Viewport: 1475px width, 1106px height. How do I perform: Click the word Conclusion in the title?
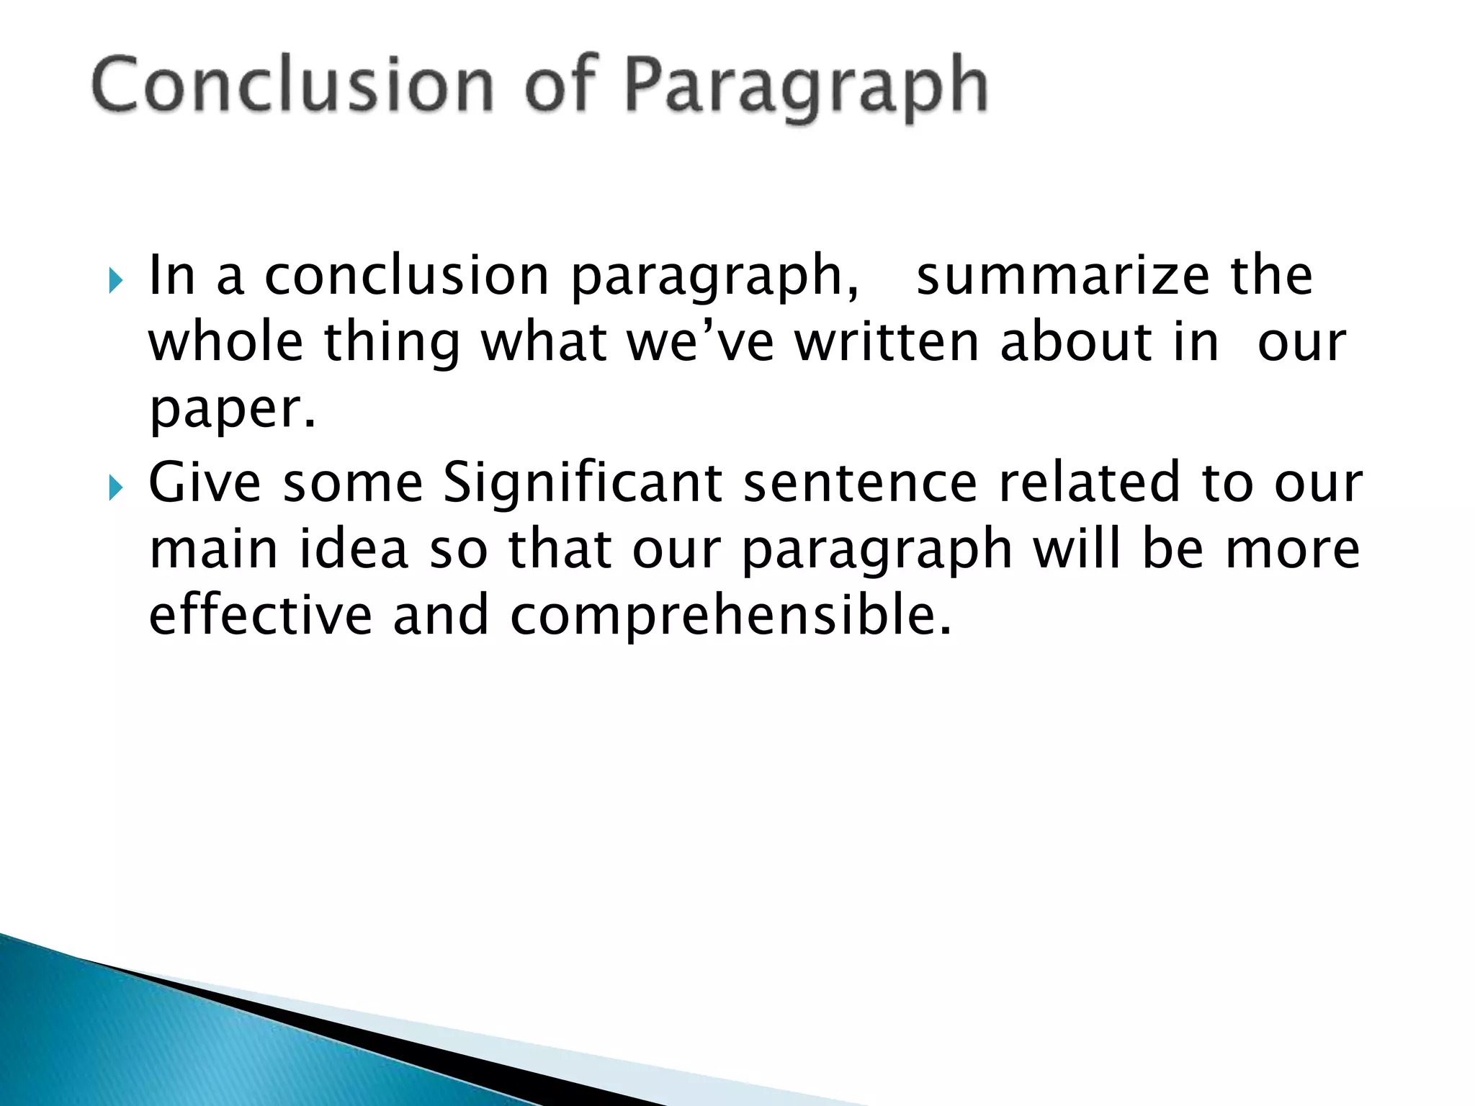point(292,86)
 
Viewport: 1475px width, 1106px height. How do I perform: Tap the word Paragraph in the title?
point(805,88)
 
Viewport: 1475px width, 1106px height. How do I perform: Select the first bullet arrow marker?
point(117,280)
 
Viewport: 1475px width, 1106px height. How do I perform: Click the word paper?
point(232,410)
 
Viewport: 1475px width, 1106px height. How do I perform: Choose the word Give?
point(205,482)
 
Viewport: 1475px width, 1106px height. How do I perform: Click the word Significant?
point(582,483)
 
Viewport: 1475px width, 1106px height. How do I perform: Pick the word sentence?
point(860,483)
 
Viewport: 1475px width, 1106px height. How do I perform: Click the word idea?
point(354,549)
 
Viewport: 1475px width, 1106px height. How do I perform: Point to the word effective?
point(261,616)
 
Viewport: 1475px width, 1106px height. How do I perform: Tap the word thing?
point(392,343)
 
